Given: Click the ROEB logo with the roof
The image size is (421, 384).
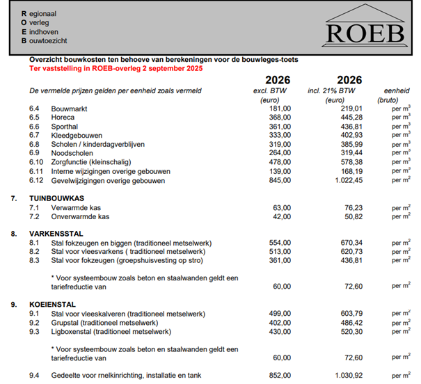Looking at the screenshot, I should pos(364,28).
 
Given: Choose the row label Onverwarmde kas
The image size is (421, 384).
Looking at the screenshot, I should pos(79,216).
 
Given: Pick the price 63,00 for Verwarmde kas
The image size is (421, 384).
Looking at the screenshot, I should pos(281,207).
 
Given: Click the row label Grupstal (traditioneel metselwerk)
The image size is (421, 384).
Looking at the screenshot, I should pos(113,323).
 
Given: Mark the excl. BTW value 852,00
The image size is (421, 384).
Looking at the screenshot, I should pos(279,376).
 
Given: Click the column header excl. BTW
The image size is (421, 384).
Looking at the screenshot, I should pos(270,91).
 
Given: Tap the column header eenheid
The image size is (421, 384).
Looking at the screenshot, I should pos(397,91).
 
